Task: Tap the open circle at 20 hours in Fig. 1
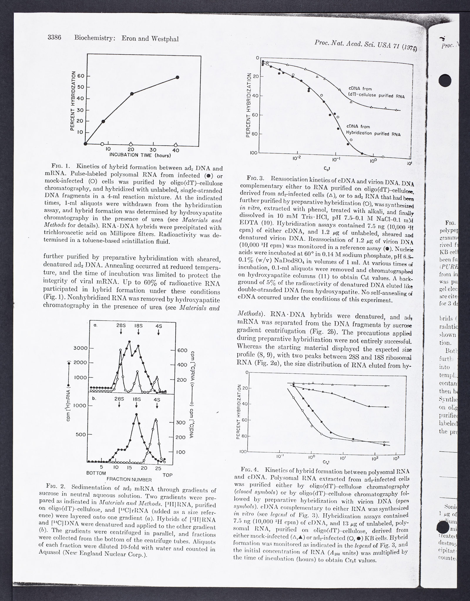click(x=131, y=144)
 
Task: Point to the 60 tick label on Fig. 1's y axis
click(x=81, y=76)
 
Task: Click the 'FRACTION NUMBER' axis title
click(x=129, y=480)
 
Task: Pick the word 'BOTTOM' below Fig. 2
click(x=96, y=473)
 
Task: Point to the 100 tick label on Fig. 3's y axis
click(x=254, y=153)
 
